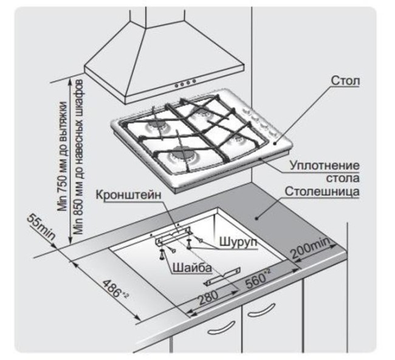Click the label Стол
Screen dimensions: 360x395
[346, 81]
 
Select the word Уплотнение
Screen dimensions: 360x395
[323, 166]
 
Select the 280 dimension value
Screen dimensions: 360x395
[208, 297]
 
